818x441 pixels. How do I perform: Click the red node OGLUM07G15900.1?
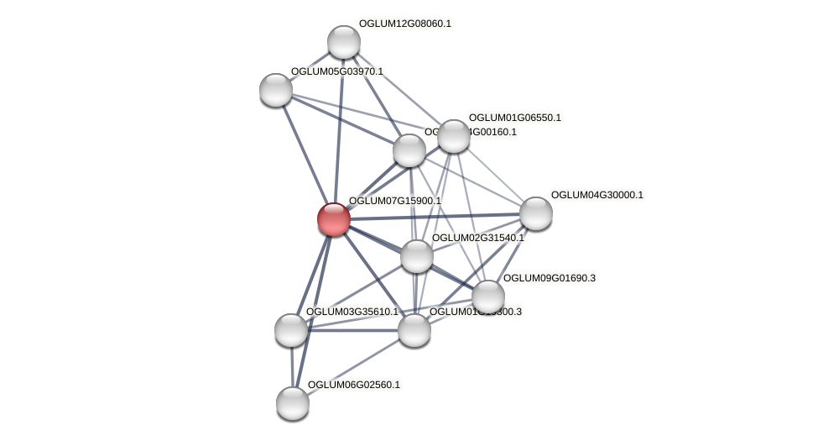(x=333, y=219)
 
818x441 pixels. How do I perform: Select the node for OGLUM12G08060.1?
(x=343, y=42)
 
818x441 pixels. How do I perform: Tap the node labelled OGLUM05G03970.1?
(x=276, y=90)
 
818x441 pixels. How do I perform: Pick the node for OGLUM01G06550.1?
(x=453, y=136)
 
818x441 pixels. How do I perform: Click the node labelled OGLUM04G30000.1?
(x=535, y=213)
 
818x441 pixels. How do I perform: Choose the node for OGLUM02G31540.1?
(x=416, y=256)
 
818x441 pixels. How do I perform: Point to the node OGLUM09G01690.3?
(x=487, y=297)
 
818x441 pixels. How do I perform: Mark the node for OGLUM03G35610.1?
(x=291, y=330)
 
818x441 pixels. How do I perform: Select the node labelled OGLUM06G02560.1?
(x=293, y=403)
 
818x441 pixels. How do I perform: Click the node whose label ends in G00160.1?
(x=409, y=151)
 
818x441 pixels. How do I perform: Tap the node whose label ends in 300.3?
(x=414, y=330)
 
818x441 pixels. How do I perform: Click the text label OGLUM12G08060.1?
(x=404, y=24)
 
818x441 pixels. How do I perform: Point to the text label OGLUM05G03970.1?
(x=336, y=71)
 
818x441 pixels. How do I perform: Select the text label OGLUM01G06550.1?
(x=514, y=118)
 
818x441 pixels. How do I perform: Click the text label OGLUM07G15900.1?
(x=394, y=201)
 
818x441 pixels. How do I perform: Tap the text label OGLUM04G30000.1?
(x=597, y=195)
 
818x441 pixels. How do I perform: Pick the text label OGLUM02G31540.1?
(x=477, y=238)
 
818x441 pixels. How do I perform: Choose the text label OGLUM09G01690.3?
(x=549, y=278)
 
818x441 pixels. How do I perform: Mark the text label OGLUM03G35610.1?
(x=352, y=312)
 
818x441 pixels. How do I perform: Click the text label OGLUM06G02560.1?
(x=353, y=385)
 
